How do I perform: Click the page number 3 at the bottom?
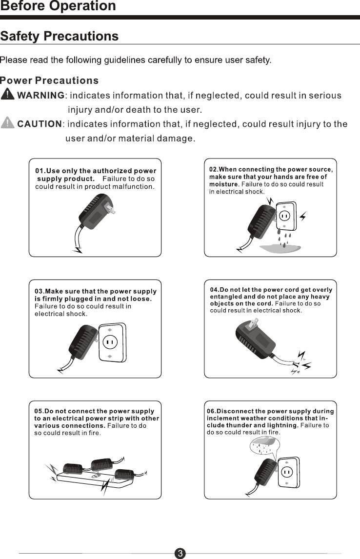click(x=180, y=553)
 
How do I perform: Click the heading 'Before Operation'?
click(x=58, y=6)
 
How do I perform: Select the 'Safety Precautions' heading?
click(x=60, y=37)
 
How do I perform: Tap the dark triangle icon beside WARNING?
click(x=8, y=94)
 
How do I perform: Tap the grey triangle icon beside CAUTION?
click(x=8, y=123)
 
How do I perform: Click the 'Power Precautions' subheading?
click(x=49, y=80)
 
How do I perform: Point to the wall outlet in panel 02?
click(x=284, y=216)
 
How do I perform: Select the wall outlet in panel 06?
click(x=287, y=472)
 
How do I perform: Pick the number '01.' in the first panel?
click(x=40, y=171)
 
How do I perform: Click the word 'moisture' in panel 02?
click(x=224, y=184)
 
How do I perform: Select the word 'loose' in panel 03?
click(x=140, y=299)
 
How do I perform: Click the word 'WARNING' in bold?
click(x=41, y=95)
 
